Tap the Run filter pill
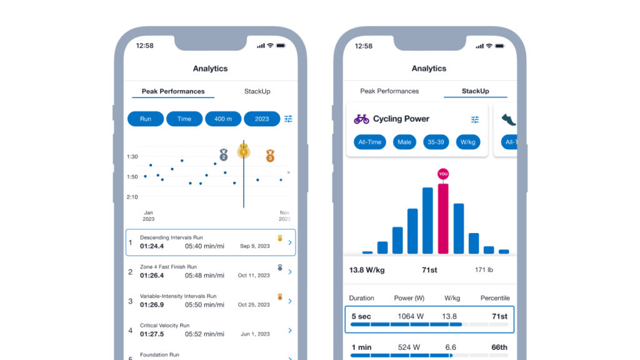click(146, 119)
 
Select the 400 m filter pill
click(223, 119)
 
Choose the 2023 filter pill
click(262, 119)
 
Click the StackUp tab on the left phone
click(257, 91)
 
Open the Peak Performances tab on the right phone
click(389, 91)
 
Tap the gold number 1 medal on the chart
click(243, 151)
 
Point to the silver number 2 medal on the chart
click(224, 154)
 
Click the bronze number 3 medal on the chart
click(270, 156)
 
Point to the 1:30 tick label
click(132, 157)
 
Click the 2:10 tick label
click(132, 197)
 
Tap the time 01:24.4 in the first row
click(152, 246)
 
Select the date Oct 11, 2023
click(254, 276)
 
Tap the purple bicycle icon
click(361, 119)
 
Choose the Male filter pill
click(404, 142)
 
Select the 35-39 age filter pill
click(436, 142)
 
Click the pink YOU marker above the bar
click(443, 174)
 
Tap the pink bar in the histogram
click(443, 219)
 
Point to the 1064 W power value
click(411, 316)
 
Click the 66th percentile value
click(499, 347)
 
